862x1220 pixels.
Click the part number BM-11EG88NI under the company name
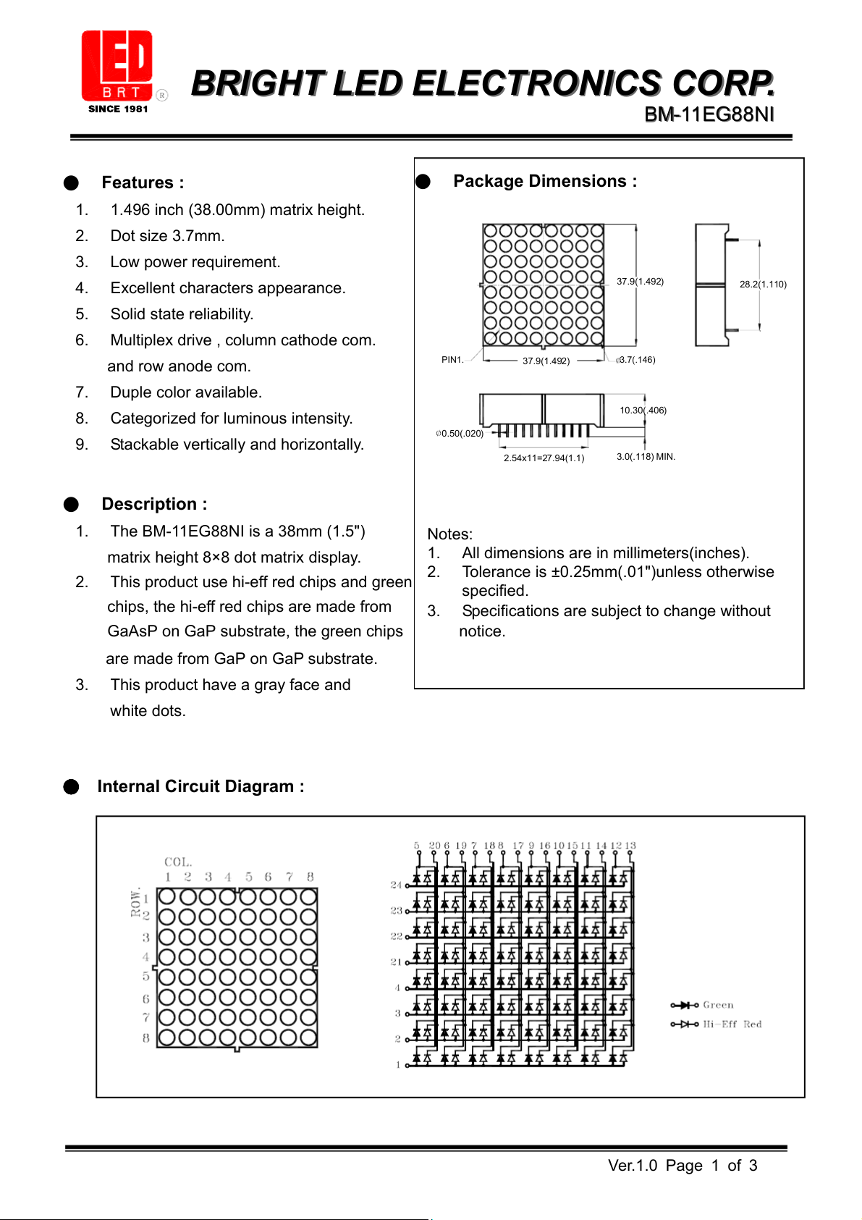(x=709, y=114)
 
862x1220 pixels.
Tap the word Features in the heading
(x=138, y=182)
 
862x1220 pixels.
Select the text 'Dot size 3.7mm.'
(x=167, y=236)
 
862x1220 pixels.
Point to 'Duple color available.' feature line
(x=186, y=392)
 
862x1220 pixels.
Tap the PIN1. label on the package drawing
(x=452, y=360)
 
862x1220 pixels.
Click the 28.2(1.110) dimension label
(x=763, y=285)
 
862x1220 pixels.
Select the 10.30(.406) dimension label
(x=643, y=411)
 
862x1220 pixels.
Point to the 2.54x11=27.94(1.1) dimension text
(x=544, y=458)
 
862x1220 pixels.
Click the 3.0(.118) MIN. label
(x=646, y=457)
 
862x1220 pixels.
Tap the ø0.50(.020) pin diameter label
(x=460, y=434)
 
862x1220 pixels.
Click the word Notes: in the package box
(x=449, y=534)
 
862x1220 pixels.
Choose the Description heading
(x=154, y=504)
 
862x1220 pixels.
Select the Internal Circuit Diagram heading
(x=200, y=786)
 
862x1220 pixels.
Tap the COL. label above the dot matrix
(x=178, y=862)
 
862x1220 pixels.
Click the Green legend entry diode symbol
(x=684, y=1005)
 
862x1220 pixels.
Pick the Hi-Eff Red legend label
(x=732, y=1025)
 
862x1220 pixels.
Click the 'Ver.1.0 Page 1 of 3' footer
(x=682, y=1166)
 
